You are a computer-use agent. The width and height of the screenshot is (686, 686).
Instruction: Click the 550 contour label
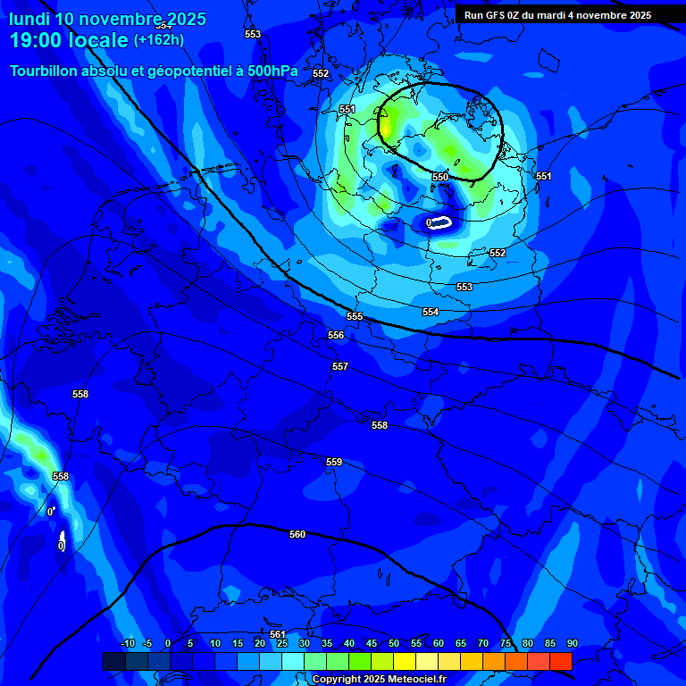coord(440,178)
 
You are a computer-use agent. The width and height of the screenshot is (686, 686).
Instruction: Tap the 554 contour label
coord(431,312)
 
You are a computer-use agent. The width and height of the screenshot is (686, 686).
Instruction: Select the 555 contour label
coord(355,317)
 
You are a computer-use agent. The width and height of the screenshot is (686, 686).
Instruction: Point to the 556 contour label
coord(336,335)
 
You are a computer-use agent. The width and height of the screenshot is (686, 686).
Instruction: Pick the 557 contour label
coord(340,367)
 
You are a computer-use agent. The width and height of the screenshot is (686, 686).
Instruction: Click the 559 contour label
coord(334,462)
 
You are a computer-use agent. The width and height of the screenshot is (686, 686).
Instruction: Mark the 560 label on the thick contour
coord(297,534)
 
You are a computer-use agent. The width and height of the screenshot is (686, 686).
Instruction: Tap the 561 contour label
coord(278,634)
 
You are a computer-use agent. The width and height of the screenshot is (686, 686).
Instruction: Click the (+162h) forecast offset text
coord(159,40)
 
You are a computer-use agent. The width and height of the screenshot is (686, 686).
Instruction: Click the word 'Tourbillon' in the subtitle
coord(48,71)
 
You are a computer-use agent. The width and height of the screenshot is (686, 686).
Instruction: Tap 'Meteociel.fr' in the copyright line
coord(415,680)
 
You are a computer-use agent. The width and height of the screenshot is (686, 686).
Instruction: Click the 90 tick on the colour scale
coord(572,644)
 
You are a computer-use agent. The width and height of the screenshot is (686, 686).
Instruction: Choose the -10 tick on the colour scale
coord(128,644)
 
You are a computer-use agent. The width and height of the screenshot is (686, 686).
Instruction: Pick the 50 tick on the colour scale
coord(394,644)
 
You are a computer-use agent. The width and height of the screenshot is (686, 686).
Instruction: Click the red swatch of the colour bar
coord(560,661)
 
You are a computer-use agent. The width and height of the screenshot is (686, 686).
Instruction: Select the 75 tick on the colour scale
coord(506,644)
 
